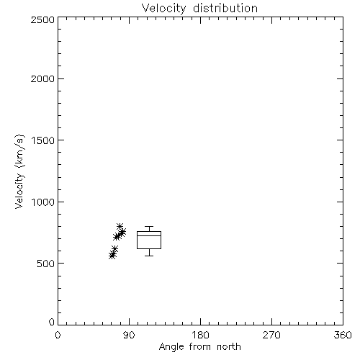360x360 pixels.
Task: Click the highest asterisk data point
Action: click(x=120, y=226)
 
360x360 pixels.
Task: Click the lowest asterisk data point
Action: click(x=112, y=256)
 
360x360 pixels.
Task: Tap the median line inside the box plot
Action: click(x=149, y=235)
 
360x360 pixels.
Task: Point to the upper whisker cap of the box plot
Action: click(x=149, y=226)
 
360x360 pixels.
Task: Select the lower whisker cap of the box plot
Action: click(x=149, y=256)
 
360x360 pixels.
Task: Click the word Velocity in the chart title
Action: click(x=164, y=9)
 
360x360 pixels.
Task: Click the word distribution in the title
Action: click(x=225, y=8)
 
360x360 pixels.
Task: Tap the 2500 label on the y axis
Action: click(x=42, y=19)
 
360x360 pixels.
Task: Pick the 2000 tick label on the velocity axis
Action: click(x=42, y=78)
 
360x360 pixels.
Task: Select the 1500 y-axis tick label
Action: click(x=43, y=140)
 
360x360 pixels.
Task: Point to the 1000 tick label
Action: click(x=43, y=202)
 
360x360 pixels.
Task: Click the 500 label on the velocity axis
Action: click(x=46, y=264)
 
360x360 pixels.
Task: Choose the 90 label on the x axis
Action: click(x=129, y=335)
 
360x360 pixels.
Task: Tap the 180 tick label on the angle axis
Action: click(x=200, y=335)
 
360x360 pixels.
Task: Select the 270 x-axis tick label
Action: click(x=271, y=335)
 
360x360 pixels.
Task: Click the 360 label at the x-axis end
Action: click(x=343, y=335)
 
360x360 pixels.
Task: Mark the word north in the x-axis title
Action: click(x=229, y=347)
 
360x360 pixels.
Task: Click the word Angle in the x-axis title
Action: click(x=171, y=347)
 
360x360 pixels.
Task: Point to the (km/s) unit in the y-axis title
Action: click(x=19, y=151)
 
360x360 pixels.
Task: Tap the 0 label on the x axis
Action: click(x=58, y=335)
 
